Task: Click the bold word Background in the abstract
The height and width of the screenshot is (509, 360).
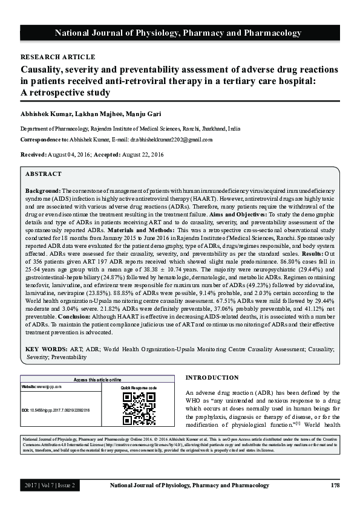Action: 42,191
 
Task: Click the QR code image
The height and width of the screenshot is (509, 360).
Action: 139,409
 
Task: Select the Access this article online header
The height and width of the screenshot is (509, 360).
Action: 97,380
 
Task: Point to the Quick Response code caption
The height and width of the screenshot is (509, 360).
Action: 139,387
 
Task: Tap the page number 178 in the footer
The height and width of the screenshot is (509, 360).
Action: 335,485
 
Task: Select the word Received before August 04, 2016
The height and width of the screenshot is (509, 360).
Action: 33,155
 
